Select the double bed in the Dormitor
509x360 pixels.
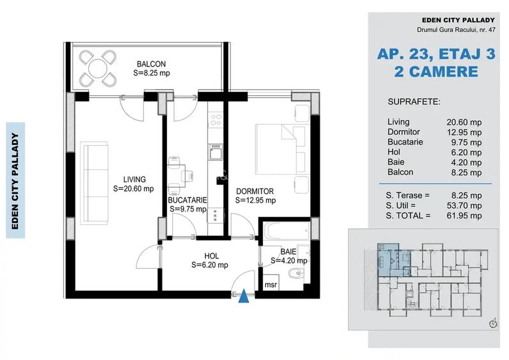pos(280,148)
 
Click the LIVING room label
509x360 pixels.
pos(134,180)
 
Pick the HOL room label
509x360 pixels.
pos(211,256)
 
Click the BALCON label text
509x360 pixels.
pos(151,64)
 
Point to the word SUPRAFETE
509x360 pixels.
pos(414,102)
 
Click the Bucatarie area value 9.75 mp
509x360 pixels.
pos(464,141)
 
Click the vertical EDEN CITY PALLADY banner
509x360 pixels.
pos(15,180)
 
